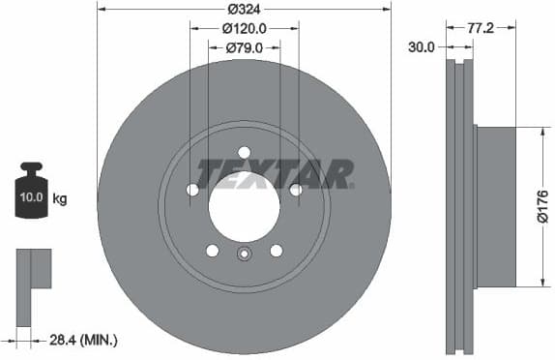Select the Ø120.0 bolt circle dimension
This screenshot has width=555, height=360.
(245, 29)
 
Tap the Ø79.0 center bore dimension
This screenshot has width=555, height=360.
(245, 46)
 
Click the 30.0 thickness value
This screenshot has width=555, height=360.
(422, 45)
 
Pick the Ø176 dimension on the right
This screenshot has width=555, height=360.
(541, 205)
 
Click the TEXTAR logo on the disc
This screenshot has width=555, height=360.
(275, 174)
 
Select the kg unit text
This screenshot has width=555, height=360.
(60, 200)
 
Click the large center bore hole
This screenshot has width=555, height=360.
(244, 208)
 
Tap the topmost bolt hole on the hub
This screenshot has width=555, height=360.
(244, 152)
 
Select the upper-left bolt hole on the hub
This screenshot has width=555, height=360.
(191, 190)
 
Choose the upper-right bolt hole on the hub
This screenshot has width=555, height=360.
(296, 190)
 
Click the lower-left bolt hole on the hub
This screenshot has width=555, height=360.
(212, 251)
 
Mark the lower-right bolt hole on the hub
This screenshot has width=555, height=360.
(277, 251)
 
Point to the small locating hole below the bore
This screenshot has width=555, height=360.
(244, 255)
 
